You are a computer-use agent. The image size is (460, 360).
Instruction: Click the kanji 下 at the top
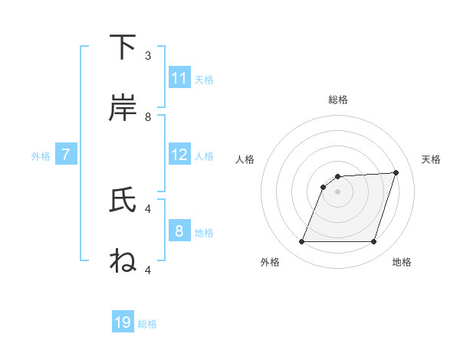click(x=123, y=47)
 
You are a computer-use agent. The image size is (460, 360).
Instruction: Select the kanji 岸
click(x=123, y=109)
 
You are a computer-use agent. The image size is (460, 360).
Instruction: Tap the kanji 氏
click(x=123, y=201)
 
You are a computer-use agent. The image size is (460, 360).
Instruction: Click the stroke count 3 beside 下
click(x=148, y=56)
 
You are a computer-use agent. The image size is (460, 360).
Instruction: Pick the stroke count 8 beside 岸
click(x=148, y=117)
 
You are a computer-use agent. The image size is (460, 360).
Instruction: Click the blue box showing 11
click(x=179, y=78)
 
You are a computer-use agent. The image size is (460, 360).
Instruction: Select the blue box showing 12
click(x=179, y=155)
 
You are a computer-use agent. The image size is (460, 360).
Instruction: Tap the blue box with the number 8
click(x=179, y=231)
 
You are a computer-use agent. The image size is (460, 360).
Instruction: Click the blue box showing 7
click(x=66, y=155)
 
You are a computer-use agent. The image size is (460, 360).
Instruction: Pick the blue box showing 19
click(x=123, y=322)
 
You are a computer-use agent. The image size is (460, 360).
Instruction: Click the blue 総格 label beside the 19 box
click(x=147, y=324)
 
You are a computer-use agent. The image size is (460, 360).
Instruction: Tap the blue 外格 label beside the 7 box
click(x=41, y=156)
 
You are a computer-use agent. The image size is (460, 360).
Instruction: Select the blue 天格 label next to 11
click(x=204, y=79)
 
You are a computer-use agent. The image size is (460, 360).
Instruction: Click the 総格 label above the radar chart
click(x=338, y=100)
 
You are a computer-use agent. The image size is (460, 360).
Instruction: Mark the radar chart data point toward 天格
click(x=396, y=172)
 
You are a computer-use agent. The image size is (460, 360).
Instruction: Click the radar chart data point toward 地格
click(x=373, y=242)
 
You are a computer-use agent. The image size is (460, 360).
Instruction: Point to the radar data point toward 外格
click(x=301, y=242)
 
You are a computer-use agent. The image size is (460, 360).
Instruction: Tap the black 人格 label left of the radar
click(x=245, y=159)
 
